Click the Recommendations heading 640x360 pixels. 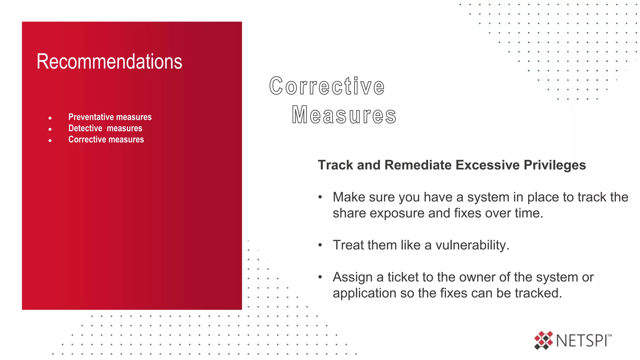109,62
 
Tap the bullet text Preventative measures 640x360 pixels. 110,117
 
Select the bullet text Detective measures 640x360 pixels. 105,128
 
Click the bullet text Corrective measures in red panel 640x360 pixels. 106,140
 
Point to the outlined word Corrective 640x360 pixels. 327,86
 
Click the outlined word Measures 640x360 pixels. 344,115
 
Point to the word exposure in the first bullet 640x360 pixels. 397,213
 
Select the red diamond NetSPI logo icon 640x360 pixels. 543,340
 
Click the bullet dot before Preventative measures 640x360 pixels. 50,118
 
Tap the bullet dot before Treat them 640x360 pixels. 320,245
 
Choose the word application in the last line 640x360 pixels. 363,293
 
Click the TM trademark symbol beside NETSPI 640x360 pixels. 609,336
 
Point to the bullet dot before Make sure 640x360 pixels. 320,197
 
